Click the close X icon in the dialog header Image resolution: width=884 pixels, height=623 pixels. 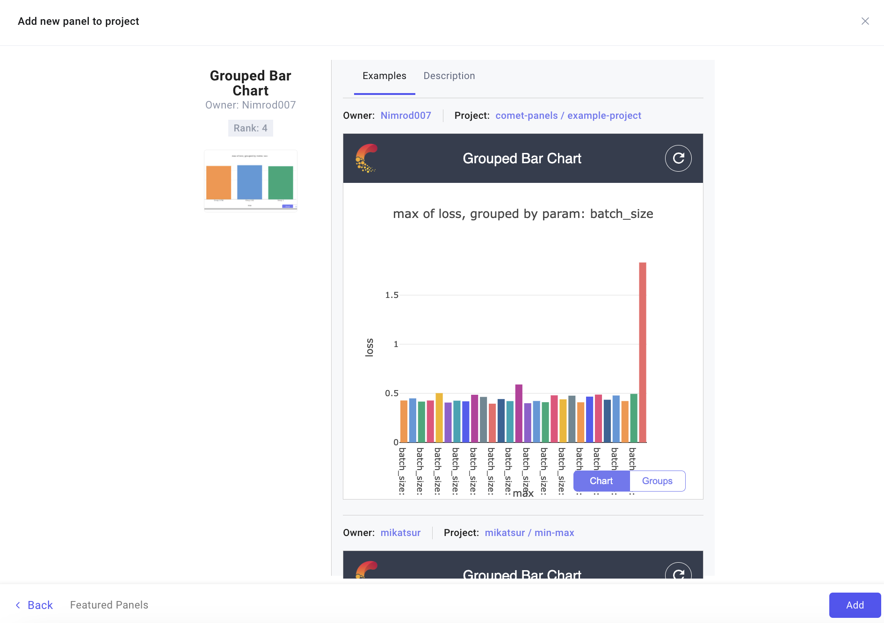click(x=865, y=21)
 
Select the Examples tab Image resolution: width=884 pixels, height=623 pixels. click(x=384, y=76)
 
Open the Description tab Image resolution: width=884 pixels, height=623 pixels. click(x=449, y=76)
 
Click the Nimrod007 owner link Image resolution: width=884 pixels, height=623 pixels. click(x=406, y=116)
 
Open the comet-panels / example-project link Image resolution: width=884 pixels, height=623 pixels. click(x=568, y=116)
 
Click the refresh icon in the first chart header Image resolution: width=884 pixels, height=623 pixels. click(x=678, y=159)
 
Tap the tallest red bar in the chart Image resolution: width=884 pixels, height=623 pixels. click(x=643, y=351)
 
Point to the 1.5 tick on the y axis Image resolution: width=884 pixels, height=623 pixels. click(x=391, y=295)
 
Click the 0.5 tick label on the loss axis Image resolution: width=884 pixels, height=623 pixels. click(x=391, y=393)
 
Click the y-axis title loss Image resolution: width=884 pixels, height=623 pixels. click(x=370, y=348)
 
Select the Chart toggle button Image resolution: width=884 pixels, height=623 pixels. click(x=601, y=481)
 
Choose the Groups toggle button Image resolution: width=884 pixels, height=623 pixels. click(x=657, y=481)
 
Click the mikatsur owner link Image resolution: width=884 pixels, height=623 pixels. click(x=400, y=533)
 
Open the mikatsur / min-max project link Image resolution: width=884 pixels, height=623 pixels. click(x=529, y=533)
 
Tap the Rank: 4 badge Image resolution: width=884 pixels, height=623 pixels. click(x=250, y=128)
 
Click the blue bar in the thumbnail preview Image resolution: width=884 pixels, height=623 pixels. click(x=249, y=182)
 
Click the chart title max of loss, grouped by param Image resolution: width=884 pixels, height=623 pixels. click(x=523, y=214)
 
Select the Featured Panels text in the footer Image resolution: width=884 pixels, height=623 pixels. click(x=109, y=605)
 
